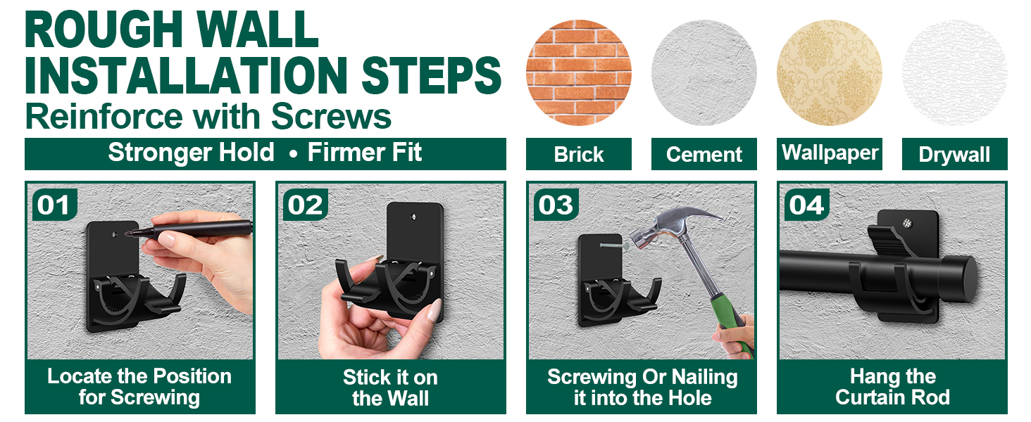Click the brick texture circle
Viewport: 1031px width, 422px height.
coord(579,72)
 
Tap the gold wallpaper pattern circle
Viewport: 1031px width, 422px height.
coord(830,72)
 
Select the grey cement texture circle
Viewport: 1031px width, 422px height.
coord(704,72)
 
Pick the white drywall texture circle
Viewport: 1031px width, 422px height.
coord(955,72)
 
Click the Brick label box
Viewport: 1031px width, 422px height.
coord(579,154)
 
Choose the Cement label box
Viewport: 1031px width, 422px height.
coord(704,154)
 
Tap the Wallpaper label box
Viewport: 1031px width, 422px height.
coord(830,154)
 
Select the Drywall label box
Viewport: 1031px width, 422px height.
coord(955,154)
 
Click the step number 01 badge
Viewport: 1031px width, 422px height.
coord(54,205)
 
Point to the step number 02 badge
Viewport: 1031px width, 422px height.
coord(305,205)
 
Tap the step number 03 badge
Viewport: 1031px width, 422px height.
coord(556,205)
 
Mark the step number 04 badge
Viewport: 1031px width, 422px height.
coord(807,205)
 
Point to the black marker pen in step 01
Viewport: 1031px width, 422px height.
coord(189,229)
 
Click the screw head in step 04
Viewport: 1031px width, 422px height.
coord(907,224)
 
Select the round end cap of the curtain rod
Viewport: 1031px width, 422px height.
coord(960,279)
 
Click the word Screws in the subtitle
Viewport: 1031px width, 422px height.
coord(331,116)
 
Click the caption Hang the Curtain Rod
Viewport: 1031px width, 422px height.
coord(892,387)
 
